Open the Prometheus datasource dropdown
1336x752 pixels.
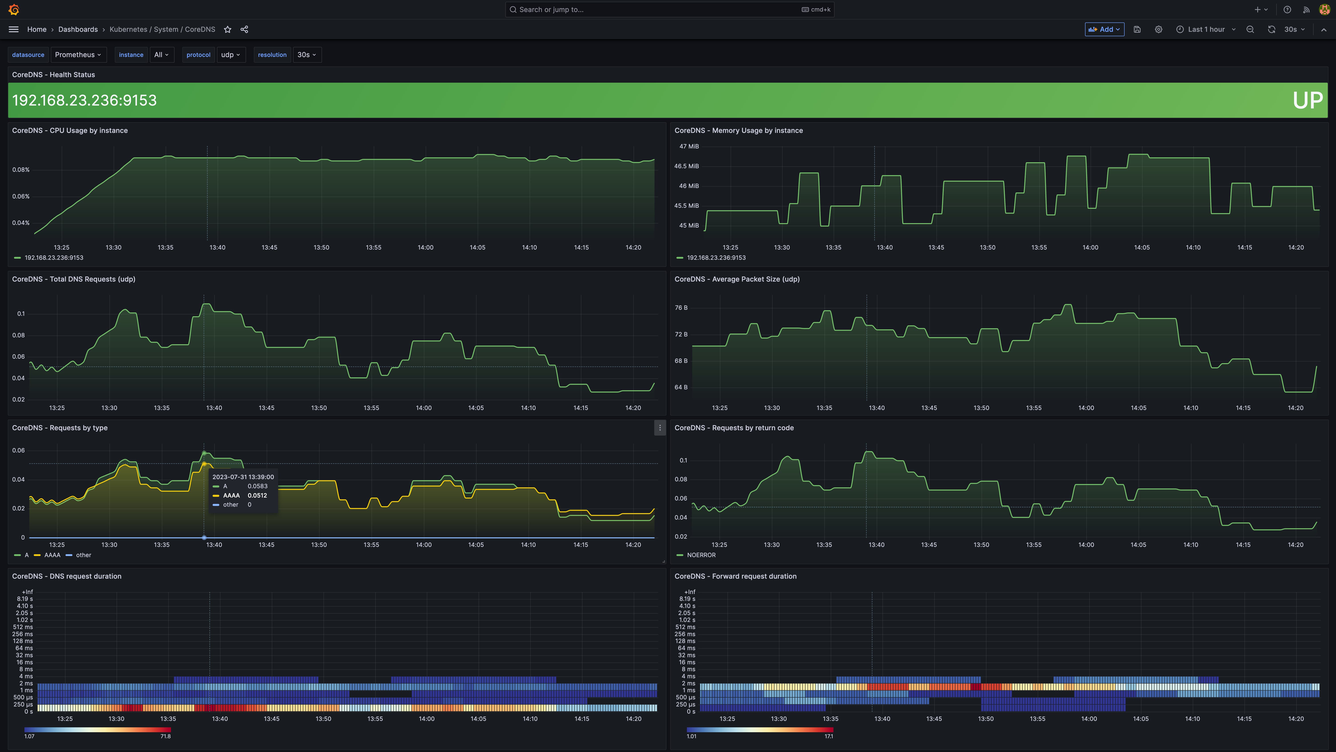(78, 54)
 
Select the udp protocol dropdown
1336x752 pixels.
(230, 54)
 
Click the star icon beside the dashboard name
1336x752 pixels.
(227, 30)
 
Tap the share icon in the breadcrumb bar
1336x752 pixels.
(244, 30)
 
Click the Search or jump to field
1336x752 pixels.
(669, 9)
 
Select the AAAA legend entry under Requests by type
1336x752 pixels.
(52, 555)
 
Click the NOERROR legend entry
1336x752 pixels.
(701, 555)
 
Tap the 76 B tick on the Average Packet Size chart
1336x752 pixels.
(681, 308)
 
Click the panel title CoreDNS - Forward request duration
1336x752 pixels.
(735, 576)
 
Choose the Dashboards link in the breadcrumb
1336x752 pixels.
(78, 30)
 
